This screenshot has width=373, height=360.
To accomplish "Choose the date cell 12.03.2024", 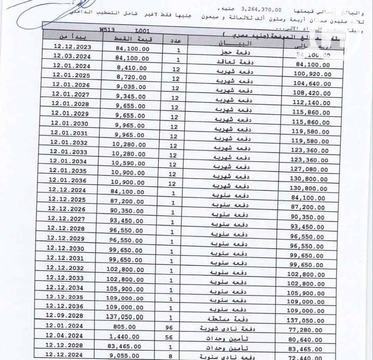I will pyautogui.click(x=71, y=57).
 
